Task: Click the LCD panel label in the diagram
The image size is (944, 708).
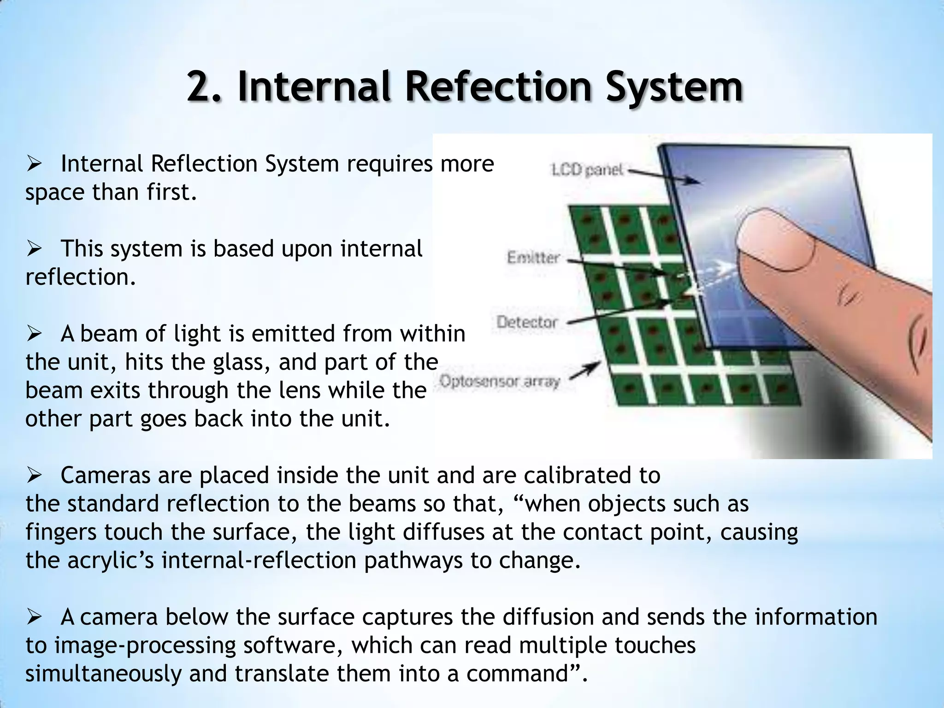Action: tap(587, 170)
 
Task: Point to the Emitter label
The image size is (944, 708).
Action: tap(533, 257)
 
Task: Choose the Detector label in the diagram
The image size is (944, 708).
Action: tap(527, 322)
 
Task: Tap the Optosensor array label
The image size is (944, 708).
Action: tap(500, 382)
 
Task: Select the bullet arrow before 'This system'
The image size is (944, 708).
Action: tap(35, 249)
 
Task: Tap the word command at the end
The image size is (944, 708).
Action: tap(523, 674)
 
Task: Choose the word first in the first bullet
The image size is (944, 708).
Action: tap(171, 193)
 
